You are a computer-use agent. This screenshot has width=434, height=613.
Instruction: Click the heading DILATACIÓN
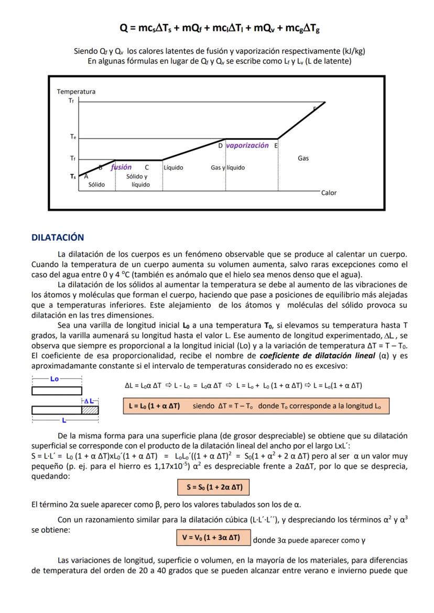point(58,237)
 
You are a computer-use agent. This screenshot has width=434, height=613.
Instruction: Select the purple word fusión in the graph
point(121,168)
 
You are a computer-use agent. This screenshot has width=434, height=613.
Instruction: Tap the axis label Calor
point(329,193)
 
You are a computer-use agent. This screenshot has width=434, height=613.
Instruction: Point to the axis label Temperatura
point(76,92)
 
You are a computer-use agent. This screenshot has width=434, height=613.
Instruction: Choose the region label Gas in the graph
point(303,158)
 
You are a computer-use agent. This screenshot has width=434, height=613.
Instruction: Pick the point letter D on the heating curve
point(221,146)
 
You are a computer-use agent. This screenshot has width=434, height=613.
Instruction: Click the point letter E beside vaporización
point(276,146)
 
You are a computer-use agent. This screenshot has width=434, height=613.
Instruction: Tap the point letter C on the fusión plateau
point(147,168)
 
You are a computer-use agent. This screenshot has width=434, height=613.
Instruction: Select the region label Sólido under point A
point(96,185)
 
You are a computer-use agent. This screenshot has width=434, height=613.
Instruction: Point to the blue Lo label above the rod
point(55,378)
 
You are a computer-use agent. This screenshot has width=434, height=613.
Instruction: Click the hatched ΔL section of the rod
point(90,410)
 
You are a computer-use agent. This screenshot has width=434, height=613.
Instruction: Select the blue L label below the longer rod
point(63,420)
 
